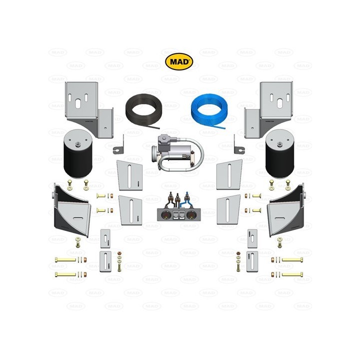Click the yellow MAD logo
[x=179, y=62]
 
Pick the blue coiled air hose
[x=207, y=109]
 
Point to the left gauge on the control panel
[x=164, y=215]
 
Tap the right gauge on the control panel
[x=191, y=215]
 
